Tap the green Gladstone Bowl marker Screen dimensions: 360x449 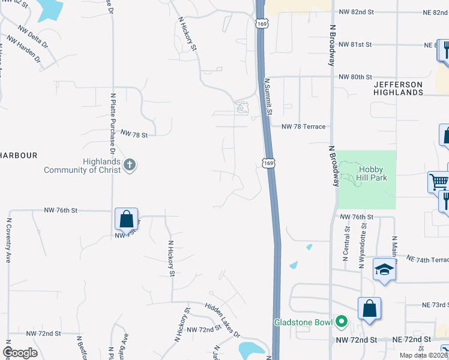pyautogui.click(x=342, y=322)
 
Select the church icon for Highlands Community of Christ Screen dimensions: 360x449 pyautogui.click(x=129, y=164)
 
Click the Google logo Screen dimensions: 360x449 pyautogui.click(x=20, y=353)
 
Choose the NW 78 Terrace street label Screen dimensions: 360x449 pyautogui.click(x=304, y=127)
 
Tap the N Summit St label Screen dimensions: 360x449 pyautogui.click(x=268, y=96)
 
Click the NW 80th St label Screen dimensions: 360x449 pyautogui.click(x=355, y=77)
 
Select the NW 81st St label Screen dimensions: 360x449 pyautogui.click(x=355, y=45)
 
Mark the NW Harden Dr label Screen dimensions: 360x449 pyautogui.click(x=24, y=51)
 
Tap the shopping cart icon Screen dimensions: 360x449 pyautogui.click(x=438, y=181)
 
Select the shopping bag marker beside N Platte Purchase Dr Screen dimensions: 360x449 pyautogui.click(x=127, y=219)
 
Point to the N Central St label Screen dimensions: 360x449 pyautogui.click(x=346, y=244)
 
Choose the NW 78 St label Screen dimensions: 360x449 pyautogui.click(x=134, y=134)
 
